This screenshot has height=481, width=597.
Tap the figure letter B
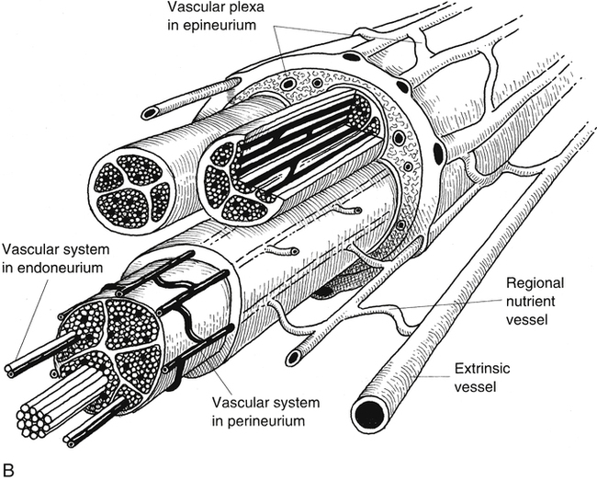tap(7, 470)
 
